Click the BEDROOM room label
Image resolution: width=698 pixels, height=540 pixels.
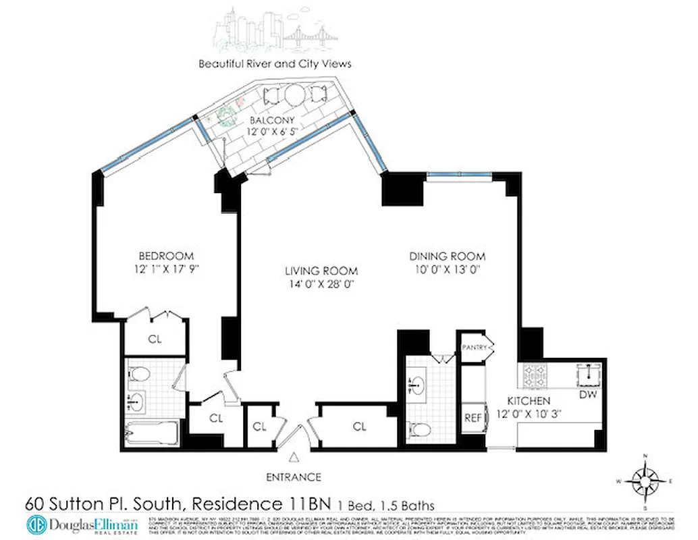click(166, 256)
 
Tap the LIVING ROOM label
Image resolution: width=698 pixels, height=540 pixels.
click(320, 271)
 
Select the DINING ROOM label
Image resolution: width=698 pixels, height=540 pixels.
click(448, 256)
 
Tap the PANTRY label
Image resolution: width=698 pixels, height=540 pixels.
click(475, 347)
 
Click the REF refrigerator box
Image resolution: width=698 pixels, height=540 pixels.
click(473, 418)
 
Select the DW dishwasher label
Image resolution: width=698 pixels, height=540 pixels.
click(587, 394)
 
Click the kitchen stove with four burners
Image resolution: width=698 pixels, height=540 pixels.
click(537, 373)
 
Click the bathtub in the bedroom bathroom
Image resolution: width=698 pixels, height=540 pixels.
click(151, 432)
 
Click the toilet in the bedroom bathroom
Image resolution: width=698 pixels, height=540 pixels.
click(139, 374)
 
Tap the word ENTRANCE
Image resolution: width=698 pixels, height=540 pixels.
click(293, 477)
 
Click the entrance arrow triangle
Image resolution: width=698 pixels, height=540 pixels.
click(293, 458)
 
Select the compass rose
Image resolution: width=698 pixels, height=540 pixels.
click(646, 482)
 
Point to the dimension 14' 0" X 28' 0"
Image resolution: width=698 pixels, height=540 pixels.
click(320, 284)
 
